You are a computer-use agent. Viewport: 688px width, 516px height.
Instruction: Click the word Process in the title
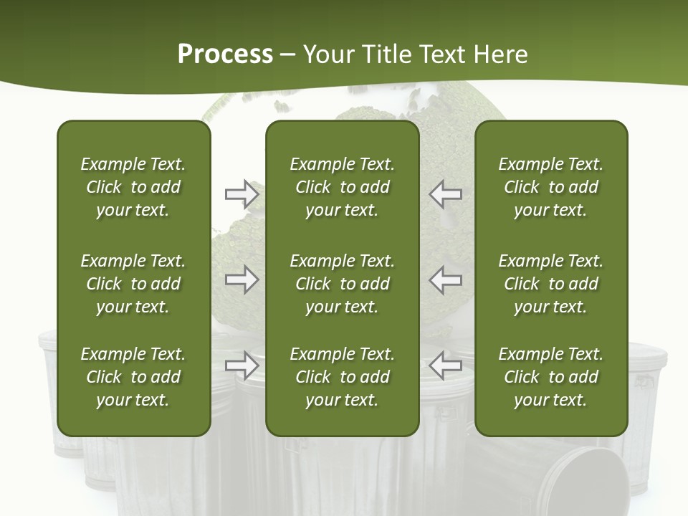(x=225, y=54)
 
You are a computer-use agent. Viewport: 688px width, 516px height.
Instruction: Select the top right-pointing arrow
(x=242, y=193)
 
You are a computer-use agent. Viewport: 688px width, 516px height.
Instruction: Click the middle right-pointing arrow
(x=242, y=279)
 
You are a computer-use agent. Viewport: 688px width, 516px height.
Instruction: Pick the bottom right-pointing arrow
(x=242, y=365)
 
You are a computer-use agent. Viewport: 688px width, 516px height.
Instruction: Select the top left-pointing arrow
(x=445, y=193)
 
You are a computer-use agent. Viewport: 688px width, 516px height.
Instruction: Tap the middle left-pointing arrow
(x=445, y=279)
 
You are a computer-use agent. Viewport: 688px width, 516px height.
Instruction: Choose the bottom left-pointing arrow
(x=445, y=365)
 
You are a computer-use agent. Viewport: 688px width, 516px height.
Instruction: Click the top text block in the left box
(x=133, y=187)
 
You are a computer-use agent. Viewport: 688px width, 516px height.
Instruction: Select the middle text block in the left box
(x=133, y=284)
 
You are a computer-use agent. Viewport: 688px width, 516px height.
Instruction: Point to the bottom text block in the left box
(x=133, y=377)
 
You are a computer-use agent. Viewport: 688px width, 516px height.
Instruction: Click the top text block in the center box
(x=343, y=187)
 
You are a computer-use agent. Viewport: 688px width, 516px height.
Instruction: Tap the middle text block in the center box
(x=343, y=284)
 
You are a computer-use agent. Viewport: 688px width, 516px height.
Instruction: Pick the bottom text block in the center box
(x=343, y=377)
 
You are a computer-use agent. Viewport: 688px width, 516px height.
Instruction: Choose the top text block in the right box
(x=551, y=187)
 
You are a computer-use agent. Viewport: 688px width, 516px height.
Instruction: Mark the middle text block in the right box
(x=551, y=284)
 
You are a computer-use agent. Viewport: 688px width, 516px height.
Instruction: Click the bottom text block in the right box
(x=551, y=377)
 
